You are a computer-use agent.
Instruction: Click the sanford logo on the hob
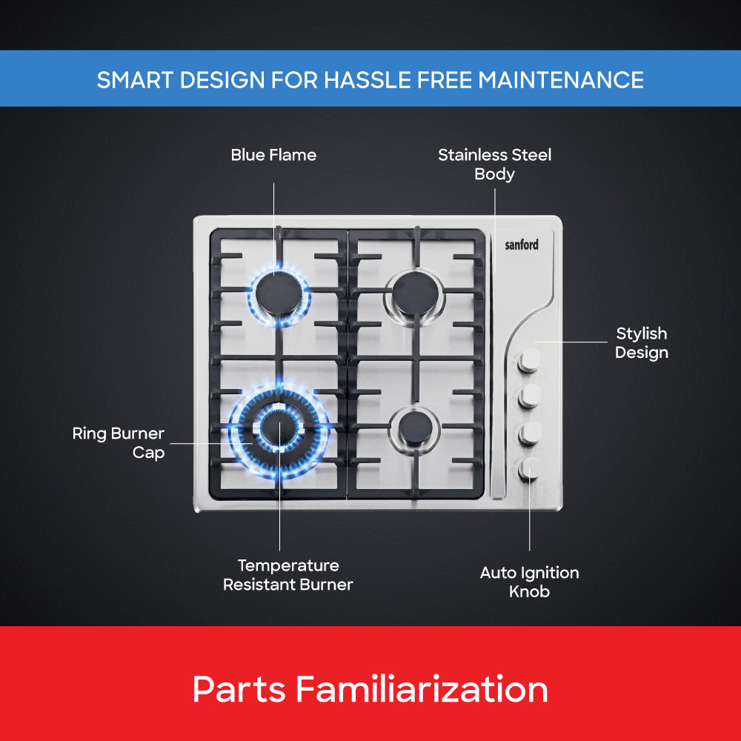click(522, 245)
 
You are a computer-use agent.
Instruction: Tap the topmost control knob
click(529, 361)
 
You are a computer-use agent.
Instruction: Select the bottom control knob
click(529, 469)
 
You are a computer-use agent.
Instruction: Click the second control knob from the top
click(529, 396)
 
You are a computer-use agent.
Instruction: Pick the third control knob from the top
click(529, 433)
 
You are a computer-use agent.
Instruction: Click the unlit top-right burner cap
click(416, 294)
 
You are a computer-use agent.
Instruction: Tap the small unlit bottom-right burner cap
click(415, 428)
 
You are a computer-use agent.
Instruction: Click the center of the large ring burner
click(279, 430)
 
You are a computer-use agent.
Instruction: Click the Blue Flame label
click(273, 155)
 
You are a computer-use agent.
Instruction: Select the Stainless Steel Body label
click(495, 165)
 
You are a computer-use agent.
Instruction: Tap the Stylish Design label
click(641, 343)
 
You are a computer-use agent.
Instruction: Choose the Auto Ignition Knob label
click(529, 582)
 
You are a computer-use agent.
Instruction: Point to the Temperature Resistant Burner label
click(288, 575)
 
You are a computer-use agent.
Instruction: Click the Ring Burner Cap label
click(119, 443)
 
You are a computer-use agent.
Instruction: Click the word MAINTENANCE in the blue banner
click(561, 80)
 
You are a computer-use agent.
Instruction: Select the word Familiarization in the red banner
click(422, 689)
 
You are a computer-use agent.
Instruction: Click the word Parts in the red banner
click(239, 689)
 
